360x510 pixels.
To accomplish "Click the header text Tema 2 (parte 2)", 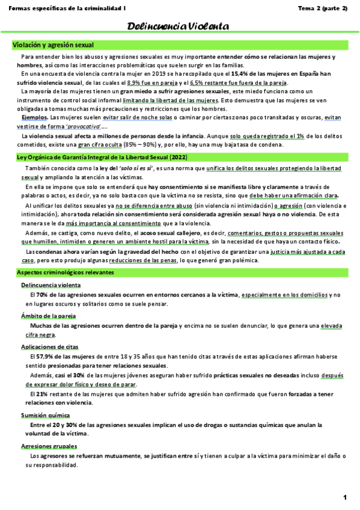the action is tap(323, 8).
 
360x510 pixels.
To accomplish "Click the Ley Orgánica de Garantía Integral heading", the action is tap(93, 158).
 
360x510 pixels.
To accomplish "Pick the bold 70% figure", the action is tap(42, 295).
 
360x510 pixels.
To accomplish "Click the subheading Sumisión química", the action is tap(45, 415).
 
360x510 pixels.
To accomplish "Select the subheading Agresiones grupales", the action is tap(49, 446).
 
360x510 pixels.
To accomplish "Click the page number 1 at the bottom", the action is tap(345, 497).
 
